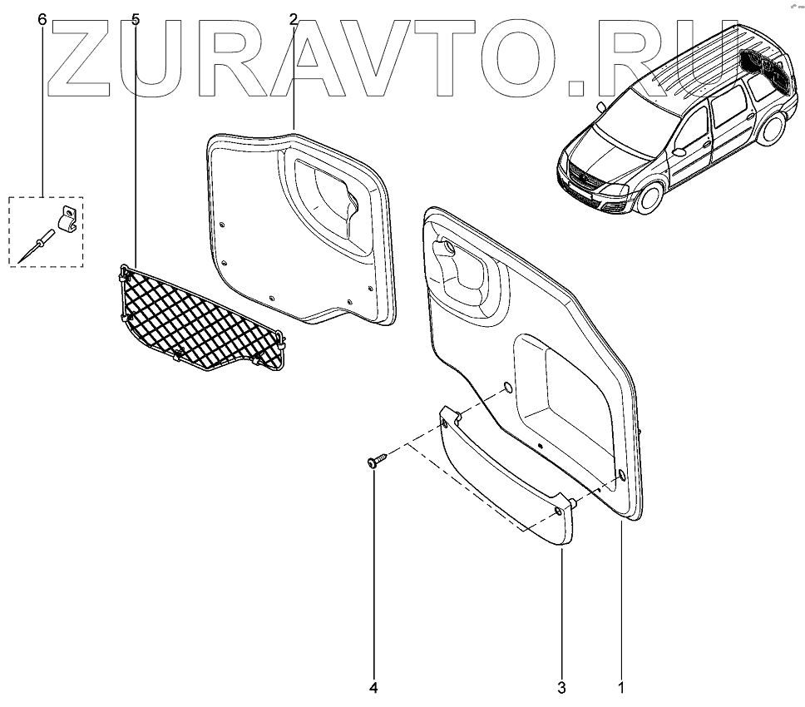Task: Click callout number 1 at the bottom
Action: pos(620,688)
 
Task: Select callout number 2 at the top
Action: pos(294,19)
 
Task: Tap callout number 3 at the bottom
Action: pos(561,688)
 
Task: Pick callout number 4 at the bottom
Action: pos(374,688)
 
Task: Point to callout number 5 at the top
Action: pos(136,19)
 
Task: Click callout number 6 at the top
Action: pos(42,19)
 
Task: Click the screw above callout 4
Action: pos(373,461)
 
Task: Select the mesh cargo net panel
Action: pos(200,317)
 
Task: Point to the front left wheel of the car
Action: pos(651,200)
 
